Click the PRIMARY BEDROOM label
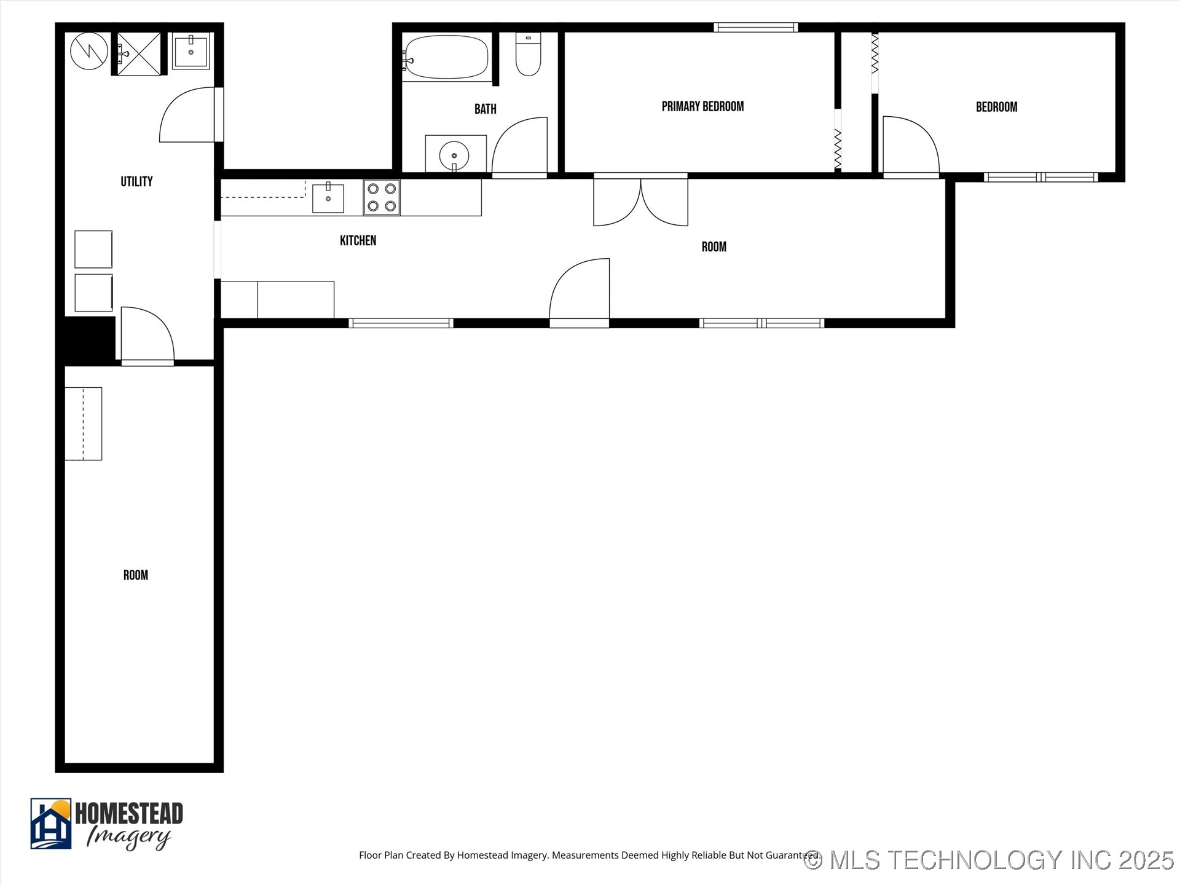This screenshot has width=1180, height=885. pyautogui.click(x=702, y=106)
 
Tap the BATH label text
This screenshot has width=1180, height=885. pyautogui.click(x=485, y=109)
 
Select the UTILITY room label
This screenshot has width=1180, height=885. pyautogui.click(x=136, y=181)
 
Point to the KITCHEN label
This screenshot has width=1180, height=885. pyautogui.click(x=358, y=240)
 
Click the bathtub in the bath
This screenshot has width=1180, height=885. pyautogui.click(x=447, y=57)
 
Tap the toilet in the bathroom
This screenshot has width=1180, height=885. pyautogui.click(x=528, y=55)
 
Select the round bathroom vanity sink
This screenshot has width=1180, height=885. pyautogui.click(x=454, y=155)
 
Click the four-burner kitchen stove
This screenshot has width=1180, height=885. pyautogui.click(x=382, y=197)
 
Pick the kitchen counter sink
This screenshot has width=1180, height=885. pyautogui.click(x=328, y=198)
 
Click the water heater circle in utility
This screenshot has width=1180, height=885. pyautogui.click(x=89, y=51)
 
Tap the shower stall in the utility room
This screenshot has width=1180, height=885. pyautogui.click(x=139, y=54)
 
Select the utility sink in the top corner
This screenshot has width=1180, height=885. pyautogui.click(x=191, y=52)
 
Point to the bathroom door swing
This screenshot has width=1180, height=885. pyautogui.click(x=520, y=146)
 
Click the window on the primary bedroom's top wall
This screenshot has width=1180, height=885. pyautogui.click(x=756, y=27)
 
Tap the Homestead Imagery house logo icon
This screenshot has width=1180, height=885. pyautogui.click(x=51, y=824)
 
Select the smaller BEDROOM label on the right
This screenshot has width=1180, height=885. pyautogui.click(x=996, y=107)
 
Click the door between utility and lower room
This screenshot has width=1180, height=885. pyautogui.click(x=147, y=336)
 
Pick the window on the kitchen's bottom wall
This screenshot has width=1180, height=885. pyautogui.click(x=401, y=323)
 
